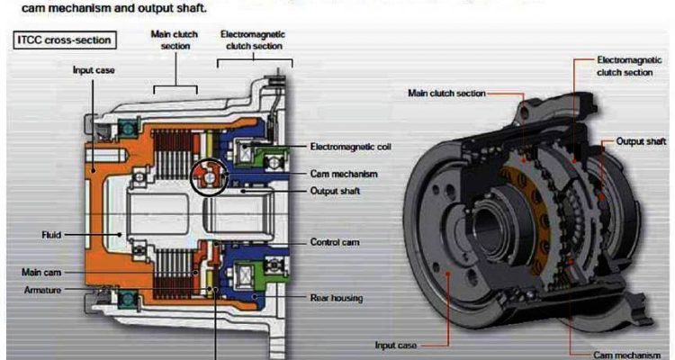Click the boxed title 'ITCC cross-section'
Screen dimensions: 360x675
(63, 40)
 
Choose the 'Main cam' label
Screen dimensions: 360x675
(40, 271)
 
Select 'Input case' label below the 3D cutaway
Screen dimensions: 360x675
(397, 344)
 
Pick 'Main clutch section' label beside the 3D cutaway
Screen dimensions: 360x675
(446, 92)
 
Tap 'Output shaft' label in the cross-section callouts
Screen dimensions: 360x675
(337, 189)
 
